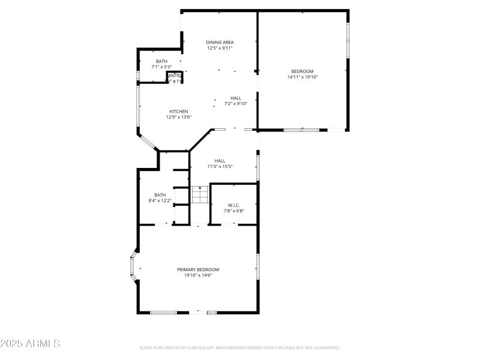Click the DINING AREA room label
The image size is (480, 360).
[x=220, y=42]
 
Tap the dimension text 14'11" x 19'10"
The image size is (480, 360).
[x=302, y=77]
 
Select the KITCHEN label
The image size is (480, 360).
[x=179, y=112]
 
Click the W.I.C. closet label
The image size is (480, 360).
[x=233, y=205]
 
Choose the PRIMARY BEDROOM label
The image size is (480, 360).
[x=198, y=269]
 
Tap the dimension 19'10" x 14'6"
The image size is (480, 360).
[x=198, y=275]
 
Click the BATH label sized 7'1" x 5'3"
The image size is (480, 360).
[x=161, y=61]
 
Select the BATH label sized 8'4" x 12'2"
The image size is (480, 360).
[x=160, y=194]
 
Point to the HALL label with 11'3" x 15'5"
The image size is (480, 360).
[x=220, y=161]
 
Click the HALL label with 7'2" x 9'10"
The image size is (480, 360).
[x=236, y=98]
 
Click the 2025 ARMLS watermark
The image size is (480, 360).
[x=30, y=344]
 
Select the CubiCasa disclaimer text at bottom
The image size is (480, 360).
[x=239, y=347]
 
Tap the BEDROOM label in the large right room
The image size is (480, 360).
[x=302, y=71]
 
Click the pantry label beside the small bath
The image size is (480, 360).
[x=175, y=76]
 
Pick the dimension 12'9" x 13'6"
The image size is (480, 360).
[x=179, y=117]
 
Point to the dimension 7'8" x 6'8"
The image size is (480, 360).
[x=233, y=211]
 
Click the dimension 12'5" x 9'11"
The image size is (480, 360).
[x=220, y=47]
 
